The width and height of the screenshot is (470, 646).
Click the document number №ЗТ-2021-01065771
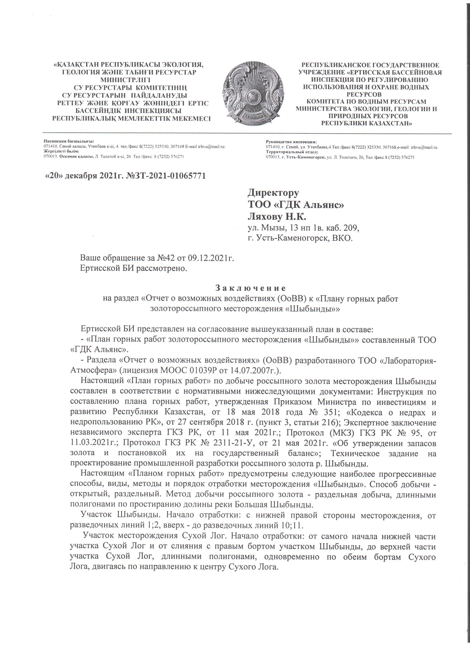click(x=166, y=176)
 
